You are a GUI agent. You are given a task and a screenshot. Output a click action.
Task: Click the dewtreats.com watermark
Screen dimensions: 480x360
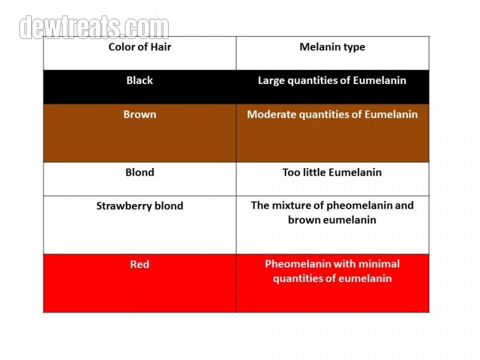coord(94,28)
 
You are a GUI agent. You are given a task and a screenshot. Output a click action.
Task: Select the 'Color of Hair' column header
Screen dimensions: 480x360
coord(140,47)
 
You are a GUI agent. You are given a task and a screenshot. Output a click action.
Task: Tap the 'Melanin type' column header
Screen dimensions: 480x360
coord(332,47)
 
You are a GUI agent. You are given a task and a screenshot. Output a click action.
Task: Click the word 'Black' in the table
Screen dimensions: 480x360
coord(140,80)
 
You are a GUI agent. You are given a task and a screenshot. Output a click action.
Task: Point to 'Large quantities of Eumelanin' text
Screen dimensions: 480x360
coord(332,80)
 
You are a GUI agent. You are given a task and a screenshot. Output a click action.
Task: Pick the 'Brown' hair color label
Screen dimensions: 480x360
coord(140,114)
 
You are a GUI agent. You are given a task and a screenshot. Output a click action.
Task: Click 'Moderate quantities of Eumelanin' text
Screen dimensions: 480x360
coord(332,115)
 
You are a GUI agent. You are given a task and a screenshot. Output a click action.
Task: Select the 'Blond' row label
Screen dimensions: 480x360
coord(140,172)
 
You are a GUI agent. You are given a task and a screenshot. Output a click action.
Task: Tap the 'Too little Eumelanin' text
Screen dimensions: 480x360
coord(332,172)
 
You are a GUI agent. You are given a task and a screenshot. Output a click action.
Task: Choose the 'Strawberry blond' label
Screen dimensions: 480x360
coord(140,206)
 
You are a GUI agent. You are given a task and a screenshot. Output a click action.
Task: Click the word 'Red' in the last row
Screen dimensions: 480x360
coord(140,264)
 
